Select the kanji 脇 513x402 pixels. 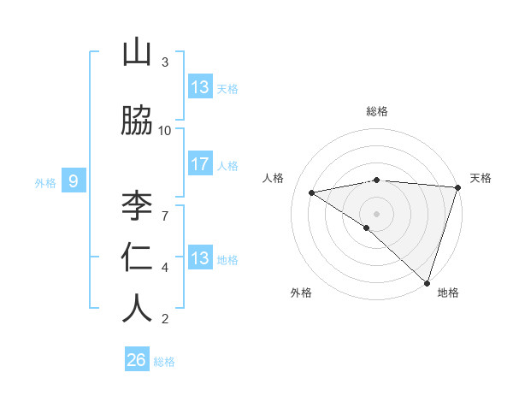(137, 121)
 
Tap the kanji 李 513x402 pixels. (137, 207)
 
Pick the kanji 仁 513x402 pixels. (137, 257)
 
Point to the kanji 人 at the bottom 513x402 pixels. (137, 308)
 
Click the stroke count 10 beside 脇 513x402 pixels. (165, 130)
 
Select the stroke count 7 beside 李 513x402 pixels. (165, 206)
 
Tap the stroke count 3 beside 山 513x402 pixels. (165, 62)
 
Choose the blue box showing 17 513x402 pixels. (200, 164)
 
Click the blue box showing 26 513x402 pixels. (137, 360)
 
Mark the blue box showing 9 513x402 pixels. (74, 180)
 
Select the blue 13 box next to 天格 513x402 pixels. (200, 87)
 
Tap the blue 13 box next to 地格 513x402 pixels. (200, 258)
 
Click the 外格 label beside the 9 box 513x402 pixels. (45, 182)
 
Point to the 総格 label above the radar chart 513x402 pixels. (376, 111)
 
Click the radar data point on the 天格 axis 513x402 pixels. (457, 187)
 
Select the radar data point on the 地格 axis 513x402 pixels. (427, 282)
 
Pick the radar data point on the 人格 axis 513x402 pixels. (311, 192)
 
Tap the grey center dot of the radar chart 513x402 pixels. (376, 213)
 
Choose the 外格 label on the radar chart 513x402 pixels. (301, 293)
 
